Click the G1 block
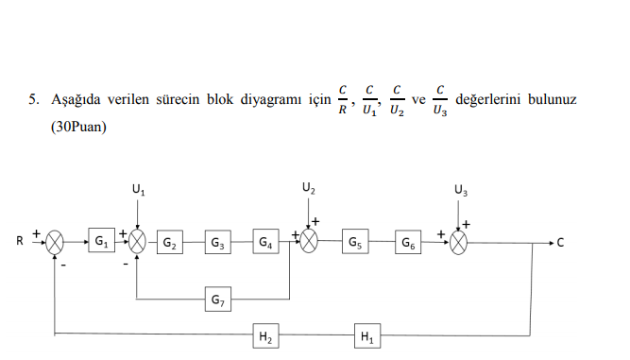coord(100,243)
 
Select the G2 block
coord(170,243)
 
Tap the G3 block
coord(217,243)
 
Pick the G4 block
coord(266,243)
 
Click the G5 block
coord(355,243)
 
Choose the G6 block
coord(408,243)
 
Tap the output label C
coord(560,243)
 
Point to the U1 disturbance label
coord(139,190)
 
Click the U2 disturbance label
coord(309,188)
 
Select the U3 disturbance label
coord(460,190)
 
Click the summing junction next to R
coord(57,243)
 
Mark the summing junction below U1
coord(139,243)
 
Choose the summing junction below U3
coord(460,243)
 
